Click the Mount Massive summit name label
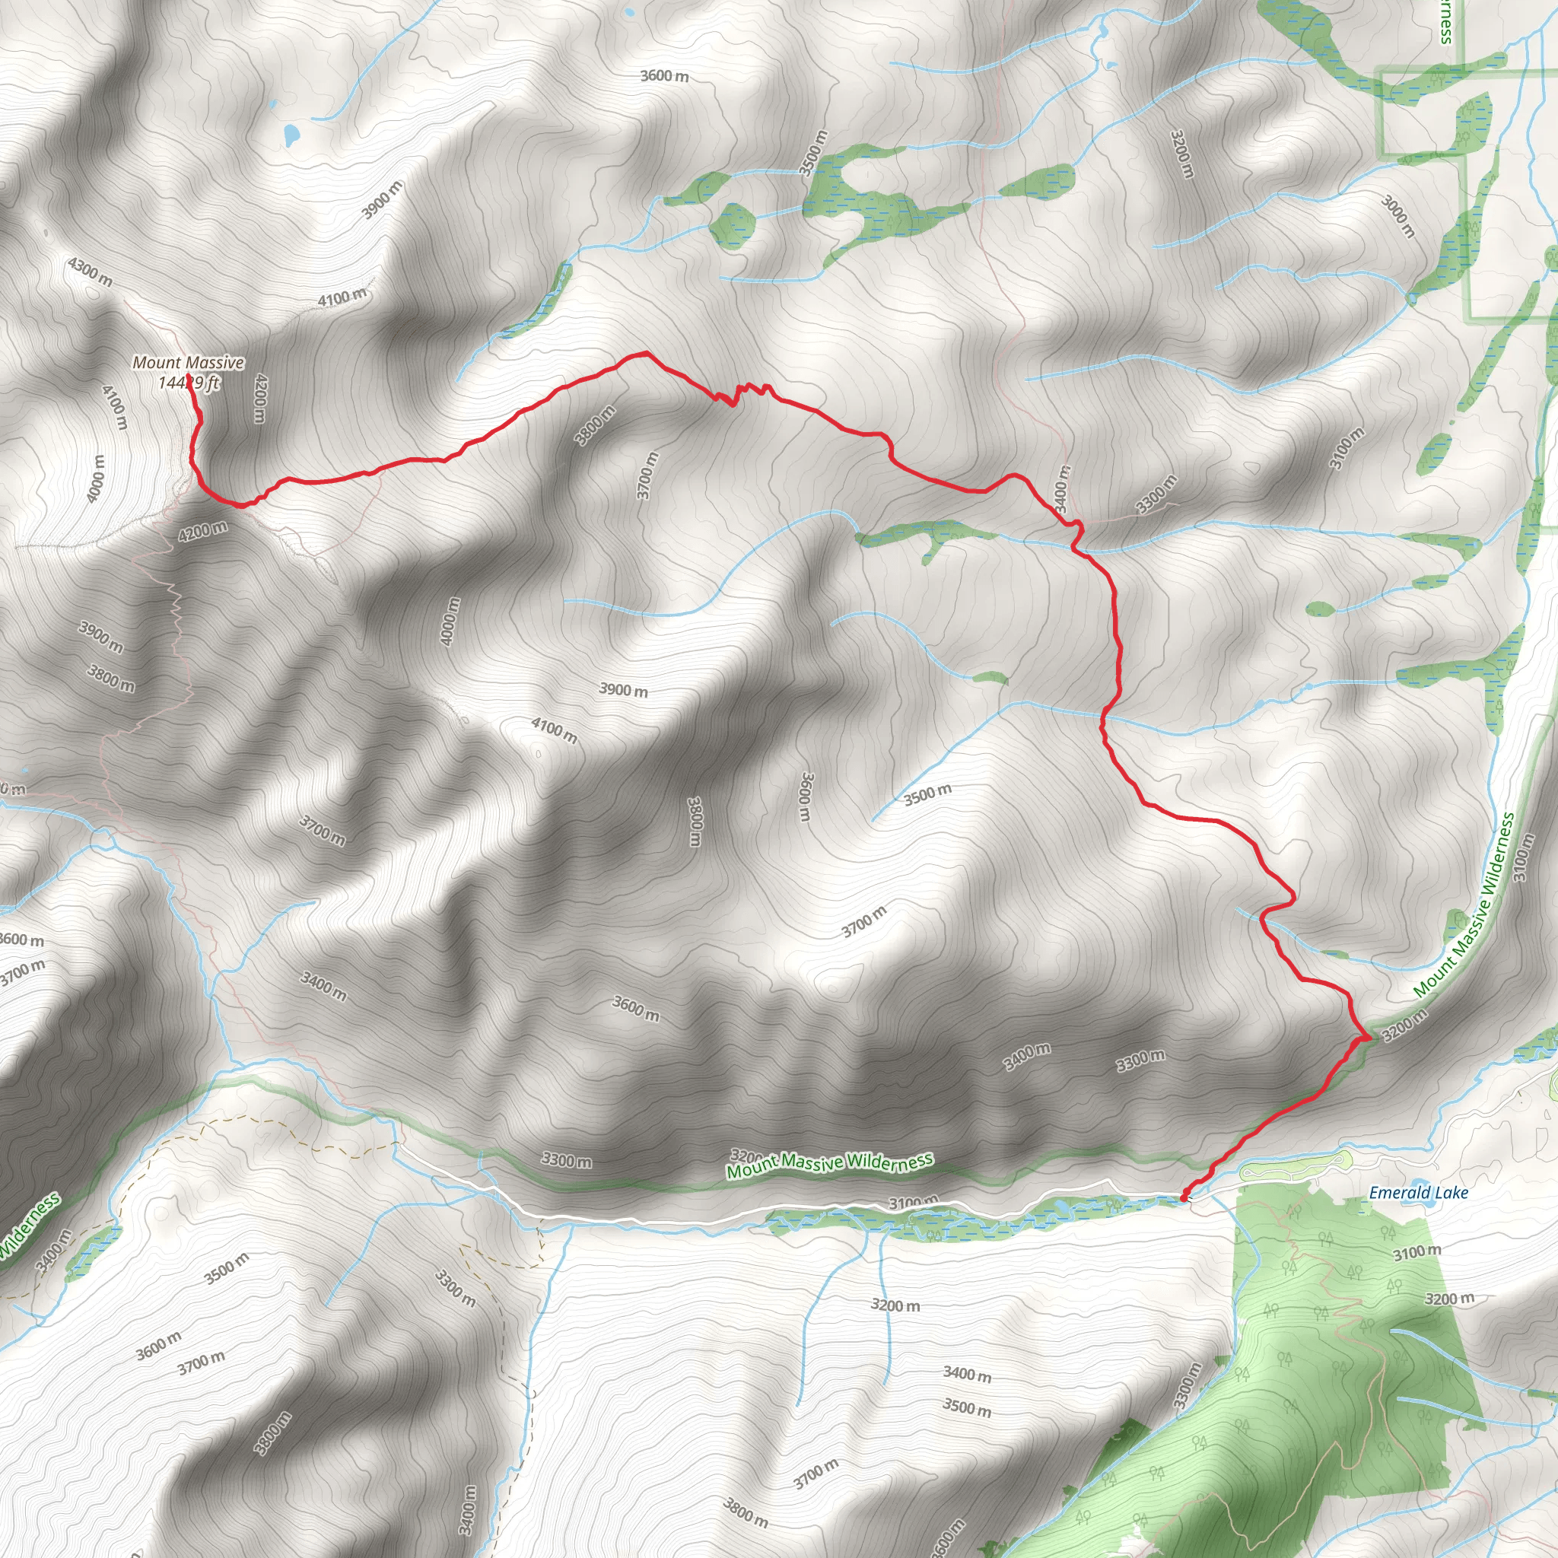click(x=188, y=363)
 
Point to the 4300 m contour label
click(x=91, y=272)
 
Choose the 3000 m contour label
click(x=1398, y=215)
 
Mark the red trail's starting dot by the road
click(x=1183, y=1198)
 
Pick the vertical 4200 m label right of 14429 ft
click(x=259, y=397)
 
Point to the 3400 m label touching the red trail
click(x=1062, y=488)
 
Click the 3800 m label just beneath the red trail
click(x=595, y=425)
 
